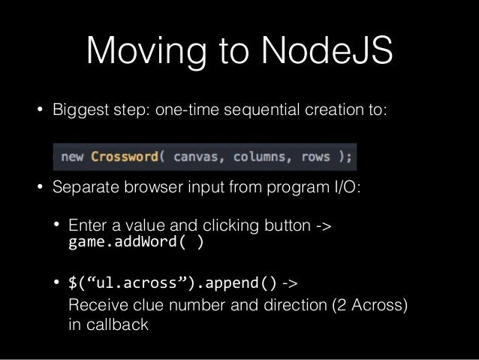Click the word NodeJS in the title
327,50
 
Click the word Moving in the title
146,52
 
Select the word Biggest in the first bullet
80,110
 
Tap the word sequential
261,110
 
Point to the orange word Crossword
125,156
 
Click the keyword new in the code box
72,157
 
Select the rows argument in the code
315,157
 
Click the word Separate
86,187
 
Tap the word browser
153,186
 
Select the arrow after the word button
324,226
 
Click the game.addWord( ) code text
136,242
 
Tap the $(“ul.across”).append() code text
172,283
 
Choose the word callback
117,324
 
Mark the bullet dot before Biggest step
40,109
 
